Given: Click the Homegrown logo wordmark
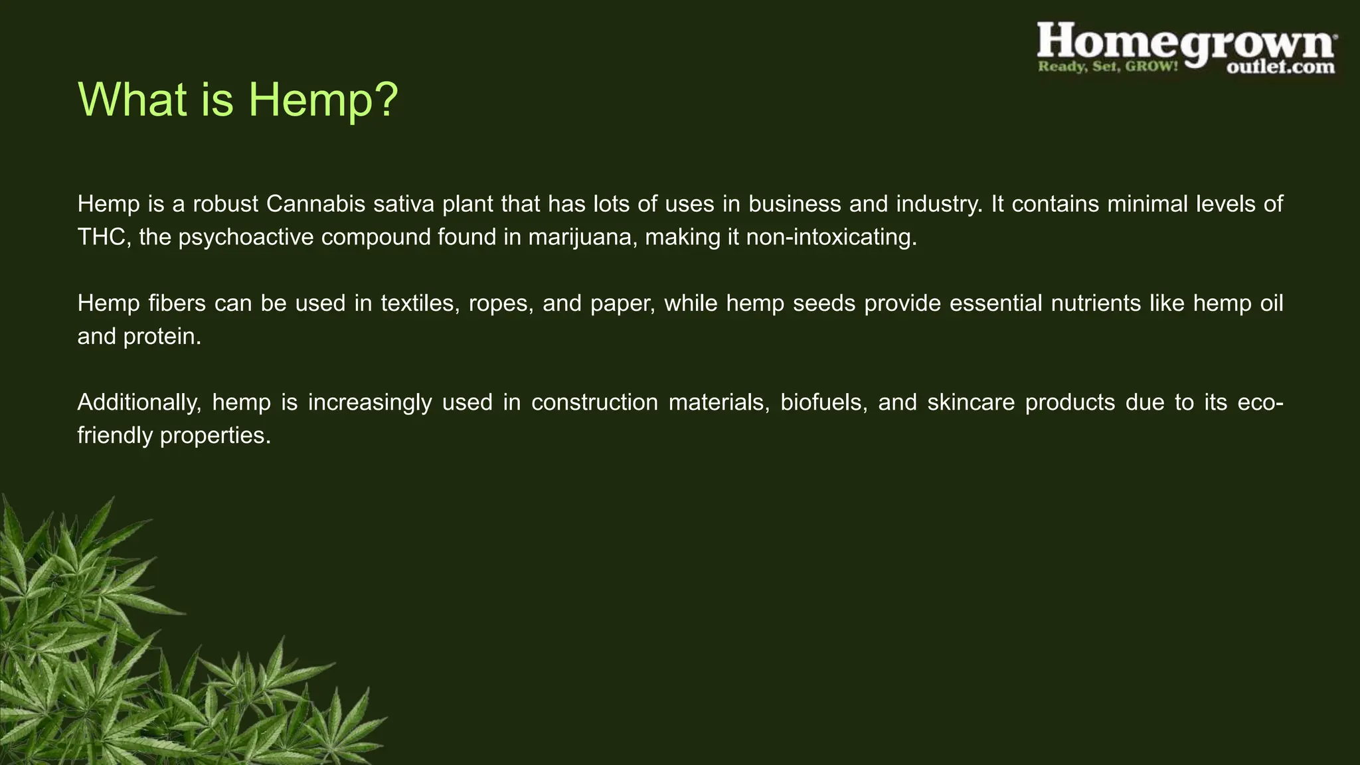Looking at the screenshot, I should (1186, 41).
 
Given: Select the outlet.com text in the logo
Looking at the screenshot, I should (1280, 67).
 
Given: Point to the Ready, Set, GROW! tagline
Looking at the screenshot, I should (1108, 66).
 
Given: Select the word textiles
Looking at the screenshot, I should (420, 303).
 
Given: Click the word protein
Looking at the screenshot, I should (162, 337).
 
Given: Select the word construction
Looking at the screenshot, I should (594, 402).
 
